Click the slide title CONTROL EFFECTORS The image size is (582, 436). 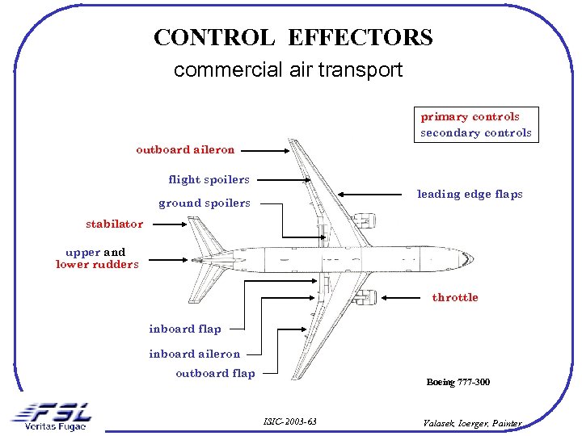293,38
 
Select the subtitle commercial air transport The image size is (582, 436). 288,70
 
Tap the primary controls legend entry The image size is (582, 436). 470,116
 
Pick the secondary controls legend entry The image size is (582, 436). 475,132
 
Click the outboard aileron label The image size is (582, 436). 185,149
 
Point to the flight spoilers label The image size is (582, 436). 209,179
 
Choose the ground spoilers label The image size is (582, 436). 204,203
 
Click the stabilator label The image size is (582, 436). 115,224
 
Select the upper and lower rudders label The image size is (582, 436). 97,258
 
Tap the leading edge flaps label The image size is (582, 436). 470,194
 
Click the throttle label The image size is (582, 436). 455,297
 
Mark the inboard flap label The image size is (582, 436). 184,329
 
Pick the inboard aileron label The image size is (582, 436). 194,354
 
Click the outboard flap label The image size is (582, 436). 215,373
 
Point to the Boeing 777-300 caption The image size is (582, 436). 458,382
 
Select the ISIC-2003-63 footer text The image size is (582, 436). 290,421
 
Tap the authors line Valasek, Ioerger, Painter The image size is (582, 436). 472,423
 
